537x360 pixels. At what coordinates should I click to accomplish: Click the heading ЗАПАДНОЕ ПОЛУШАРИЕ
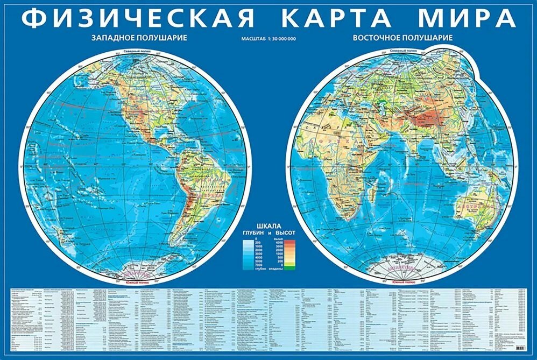point(139,38)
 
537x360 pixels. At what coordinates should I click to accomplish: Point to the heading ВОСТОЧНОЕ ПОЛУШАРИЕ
point(402,38)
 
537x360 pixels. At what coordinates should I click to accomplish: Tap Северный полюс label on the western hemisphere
point(133,52)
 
